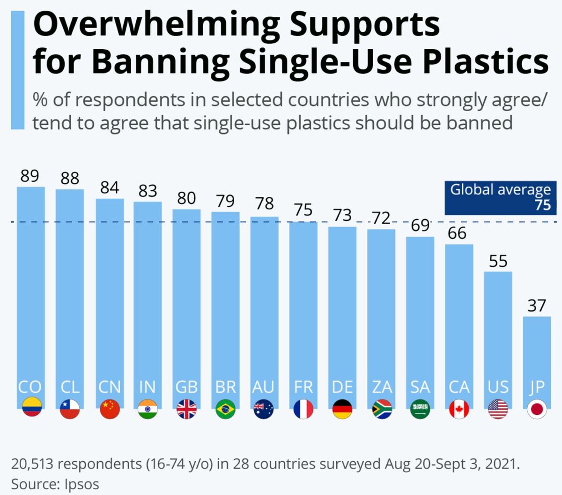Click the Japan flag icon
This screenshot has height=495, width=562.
[x=537, y=409]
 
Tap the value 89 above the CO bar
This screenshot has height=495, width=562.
[x=30, y=176]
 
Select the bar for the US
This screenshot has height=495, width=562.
[x=498, y=328]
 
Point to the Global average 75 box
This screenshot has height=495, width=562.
[x=500, y=197]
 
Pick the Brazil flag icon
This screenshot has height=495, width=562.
[x=225, y=409]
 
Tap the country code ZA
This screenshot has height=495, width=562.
[x=382, y=387]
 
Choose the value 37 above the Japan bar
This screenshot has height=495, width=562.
[x=537, y=306]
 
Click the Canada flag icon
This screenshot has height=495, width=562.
[x=459, y=409]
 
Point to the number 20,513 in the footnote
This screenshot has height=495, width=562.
[x=32, y=464]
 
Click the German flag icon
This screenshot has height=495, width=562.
[x=342, y=409]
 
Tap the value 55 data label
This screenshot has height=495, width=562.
[x=498, y=261]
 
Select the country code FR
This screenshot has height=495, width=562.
[x=303, y=387]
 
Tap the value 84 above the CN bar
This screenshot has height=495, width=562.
[x=110, y=187]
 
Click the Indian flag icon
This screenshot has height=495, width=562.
[x=148, y=409]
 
